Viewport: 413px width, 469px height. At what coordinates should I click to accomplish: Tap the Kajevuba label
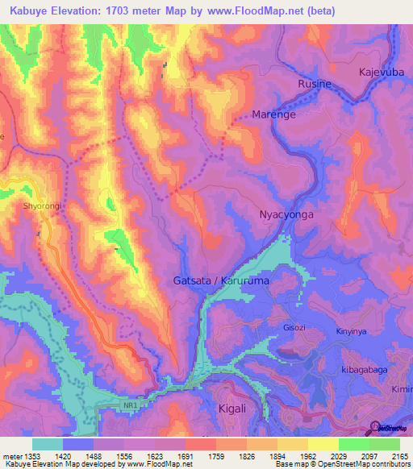(x=382, y=73)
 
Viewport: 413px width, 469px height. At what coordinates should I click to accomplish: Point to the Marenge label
(x=275, y=114)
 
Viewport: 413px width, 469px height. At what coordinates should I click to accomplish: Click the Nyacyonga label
(x=286, y=215)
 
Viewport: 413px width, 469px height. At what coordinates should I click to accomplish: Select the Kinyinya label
(x=353, y=331)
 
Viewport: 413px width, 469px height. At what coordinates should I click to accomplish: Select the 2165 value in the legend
(x=398, y=455)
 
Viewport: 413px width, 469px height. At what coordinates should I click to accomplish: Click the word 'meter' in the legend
(x=12, y=455)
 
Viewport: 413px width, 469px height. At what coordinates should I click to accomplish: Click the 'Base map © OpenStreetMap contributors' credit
(x=341, y=464)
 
